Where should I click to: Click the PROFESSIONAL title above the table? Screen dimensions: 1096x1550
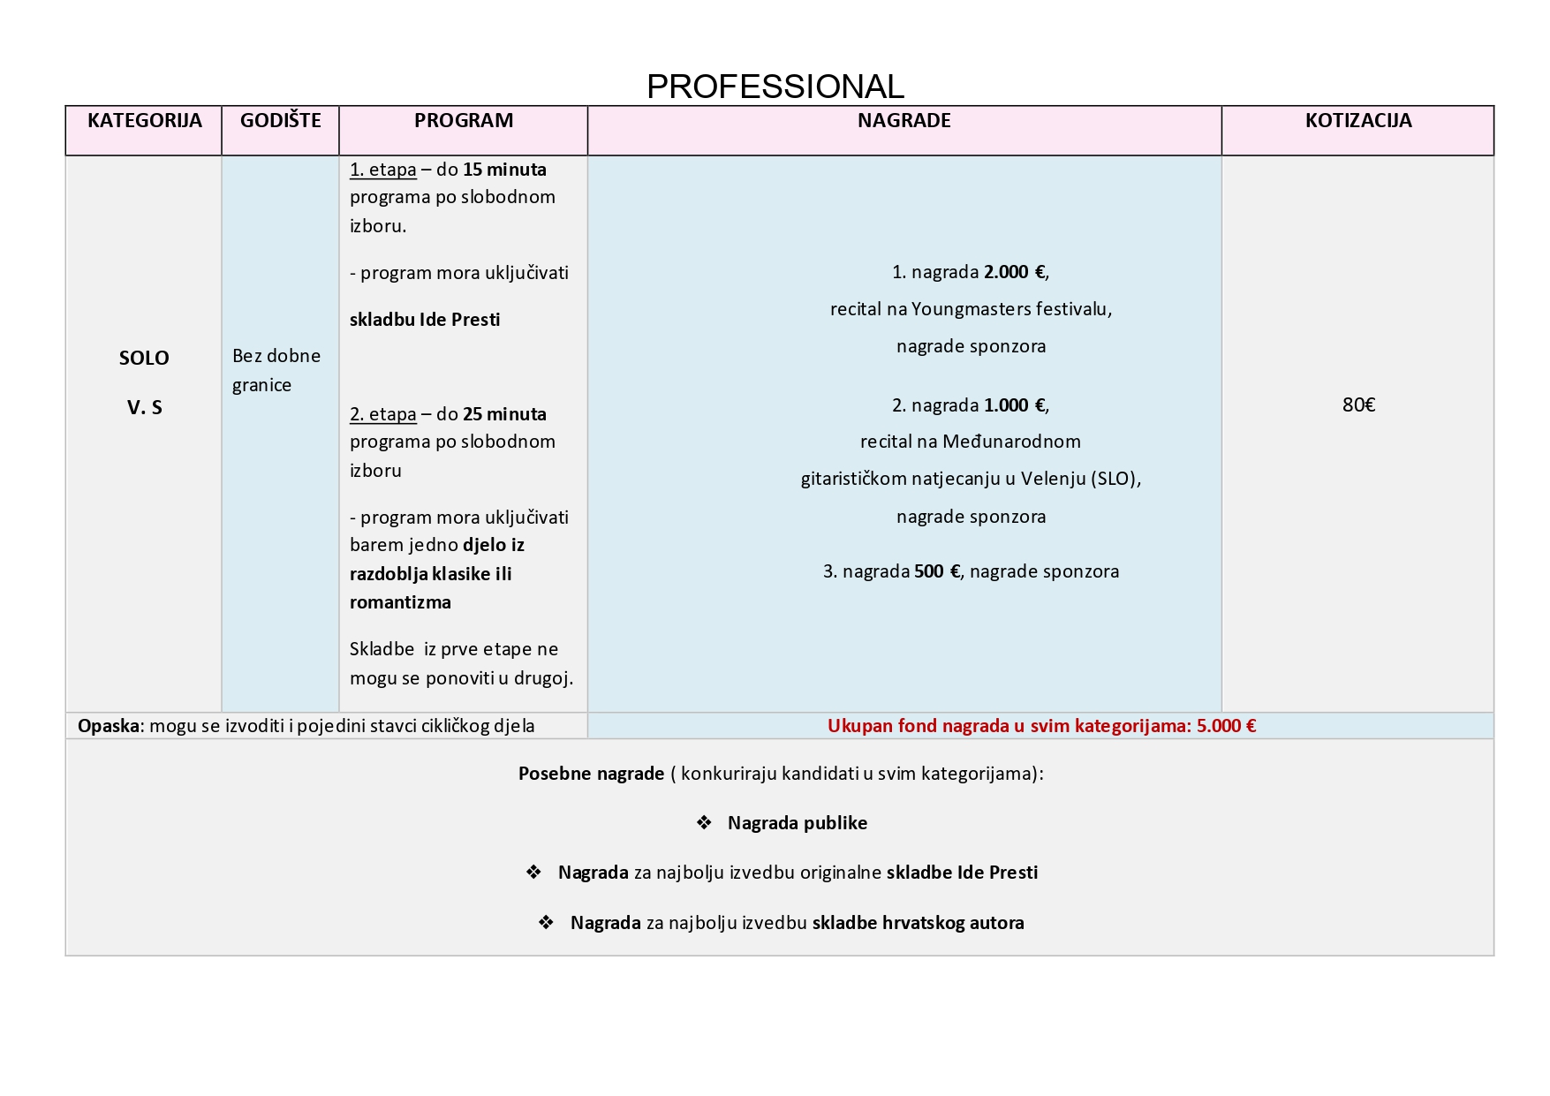[x=775, y=87]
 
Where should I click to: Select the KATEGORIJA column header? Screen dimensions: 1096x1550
[x=144, y=120]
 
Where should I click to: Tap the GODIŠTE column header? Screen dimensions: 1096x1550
[x=280, y=120]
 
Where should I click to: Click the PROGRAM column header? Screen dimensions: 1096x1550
[x=463, y=120]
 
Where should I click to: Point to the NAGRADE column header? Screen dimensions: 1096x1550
[x=904, y=120]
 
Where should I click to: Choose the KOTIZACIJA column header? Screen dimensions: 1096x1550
[x=1357, y=120]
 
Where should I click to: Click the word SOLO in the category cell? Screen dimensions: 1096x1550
[x=144, y=358]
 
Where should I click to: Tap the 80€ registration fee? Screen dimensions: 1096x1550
[x=1358, y=404]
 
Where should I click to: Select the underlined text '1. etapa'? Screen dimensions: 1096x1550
[x=382, y=170]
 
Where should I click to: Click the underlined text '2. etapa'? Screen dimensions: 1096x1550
[x=382, y=414]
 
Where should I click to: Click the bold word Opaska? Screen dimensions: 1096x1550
[x=109, y=726]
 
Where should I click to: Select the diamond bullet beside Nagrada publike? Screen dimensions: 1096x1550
[x=704, y=823]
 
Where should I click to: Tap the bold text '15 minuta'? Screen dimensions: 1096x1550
[x=504, y=170]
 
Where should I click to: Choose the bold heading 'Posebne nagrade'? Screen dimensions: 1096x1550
[x=591, y=774]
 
